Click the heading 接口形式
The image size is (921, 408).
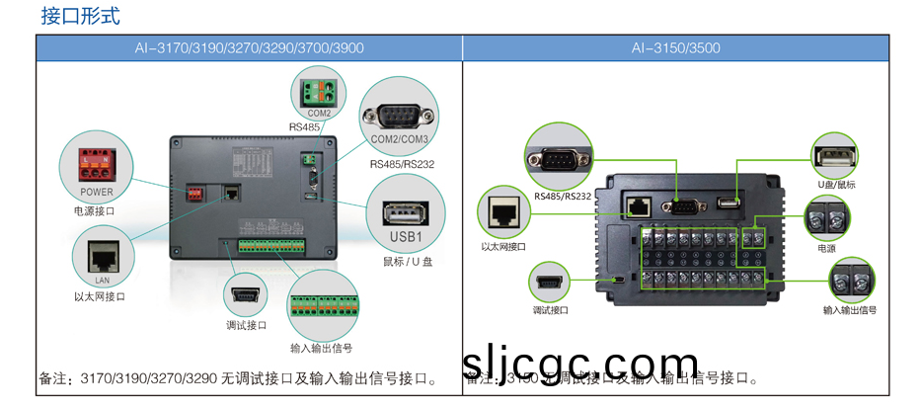coord(81,17)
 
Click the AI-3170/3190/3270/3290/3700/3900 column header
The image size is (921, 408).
coord(249,48)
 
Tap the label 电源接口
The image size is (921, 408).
coord(94,211)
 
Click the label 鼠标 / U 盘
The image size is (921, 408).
coord(408,261)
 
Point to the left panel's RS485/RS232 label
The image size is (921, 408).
coord(402,163)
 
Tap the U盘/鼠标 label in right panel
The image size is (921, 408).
coord(836,185)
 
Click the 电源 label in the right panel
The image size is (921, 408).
coord(826,249)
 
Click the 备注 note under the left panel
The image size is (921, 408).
coord(237,378)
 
